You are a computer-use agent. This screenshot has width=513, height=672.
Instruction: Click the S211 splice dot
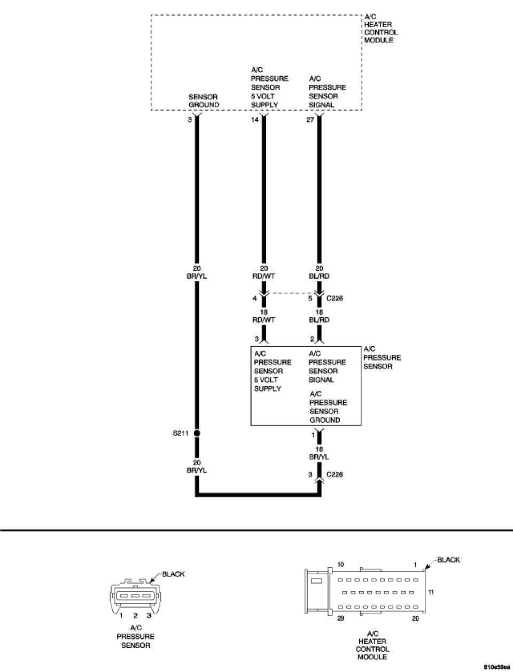click(x=197, y=433)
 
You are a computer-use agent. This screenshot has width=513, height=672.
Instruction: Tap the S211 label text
click(x=180, y=433)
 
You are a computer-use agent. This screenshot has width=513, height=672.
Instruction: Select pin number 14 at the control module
click(x=255, y=120)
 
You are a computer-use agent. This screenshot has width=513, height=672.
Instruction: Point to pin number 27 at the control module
click(x=310, y=120)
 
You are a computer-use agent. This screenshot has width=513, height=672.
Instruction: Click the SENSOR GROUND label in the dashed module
click(x=204, y=101)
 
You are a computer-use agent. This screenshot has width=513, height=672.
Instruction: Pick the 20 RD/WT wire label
click(x=263, y=272)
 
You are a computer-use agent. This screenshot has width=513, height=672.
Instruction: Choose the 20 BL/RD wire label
click(x=320, y=272)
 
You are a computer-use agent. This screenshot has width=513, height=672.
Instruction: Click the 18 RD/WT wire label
click(x=263, y=316)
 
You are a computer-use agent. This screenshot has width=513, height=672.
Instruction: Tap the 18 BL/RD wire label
click(x=320, y=316)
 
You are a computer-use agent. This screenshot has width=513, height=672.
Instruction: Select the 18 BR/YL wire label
click(x=320, y=453)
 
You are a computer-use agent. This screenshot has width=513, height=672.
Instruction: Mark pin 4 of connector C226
click(x=255, y=299)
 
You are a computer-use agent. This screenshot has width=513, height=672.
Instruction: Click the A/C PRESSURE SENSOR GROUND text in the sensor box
click(x=328, y=407)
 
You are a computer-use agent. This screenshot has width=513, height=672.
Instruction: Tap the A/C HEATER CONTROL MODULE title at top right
click(x=381, y=29)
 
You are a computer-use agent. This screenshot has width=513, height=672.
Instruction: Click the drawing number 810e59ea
click(x=496, y=667)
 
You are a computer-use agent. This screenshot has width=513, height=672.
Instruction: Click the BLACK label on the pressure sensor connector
click(x=173, y=574)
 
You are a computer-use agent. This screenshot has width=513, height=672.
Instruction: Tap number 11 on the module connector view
click(x=431, y=592)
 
